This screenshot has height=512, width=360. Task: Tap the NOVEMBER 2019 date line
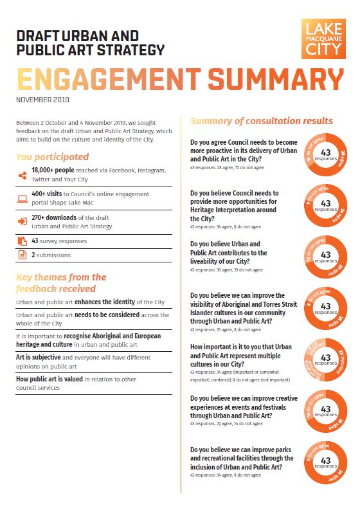click(42, 100)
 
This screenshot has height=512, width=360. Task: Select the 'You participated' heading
click(53, 157)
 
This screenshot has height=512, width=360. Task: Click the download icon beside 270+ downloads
click(22, 221)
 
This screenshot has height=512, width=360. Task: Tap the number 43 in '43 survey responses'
click(35, 241)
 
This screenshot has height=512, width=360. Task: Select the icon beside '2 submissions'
click(22, 255)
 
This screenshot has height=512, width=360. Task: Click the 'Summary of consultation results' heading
click(262, 121)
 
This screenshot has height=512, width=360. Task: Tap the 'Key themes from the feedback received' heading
click(61, 282)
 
